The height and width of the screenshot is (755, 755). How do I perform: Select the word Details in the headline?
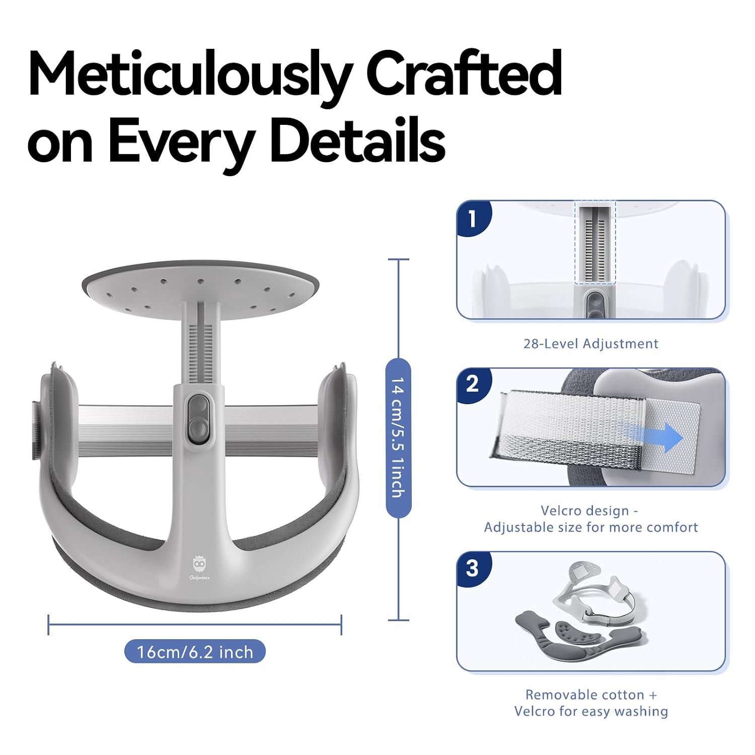click(358, 140)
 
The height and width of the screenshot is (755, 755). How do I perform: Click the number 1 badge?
click(472, 218)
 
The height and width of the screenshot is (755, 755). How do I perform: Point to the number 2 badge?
click(472, 385)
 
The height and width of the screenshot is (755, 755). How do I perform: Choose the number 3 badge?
click(472, 569)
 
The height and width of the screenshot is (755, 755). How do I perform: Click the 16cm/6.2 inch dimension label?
click(195, 652)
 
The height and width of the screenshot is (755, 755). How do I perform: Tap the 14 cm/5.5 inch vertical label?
click(398, 437)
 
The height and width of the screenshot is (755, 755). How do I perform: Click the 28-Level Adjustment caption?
click(591, 344)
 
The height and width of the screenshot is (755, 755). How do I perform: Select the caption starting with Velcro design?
click(591, 519)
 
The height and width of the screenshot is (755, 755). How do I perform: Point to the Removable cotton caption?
click(591, 703)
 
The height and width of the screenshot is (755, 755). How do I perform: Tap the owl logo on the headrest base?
click(200, 568)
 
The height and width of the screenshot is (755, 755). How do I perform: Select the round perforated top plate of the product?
click(200, 286)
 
